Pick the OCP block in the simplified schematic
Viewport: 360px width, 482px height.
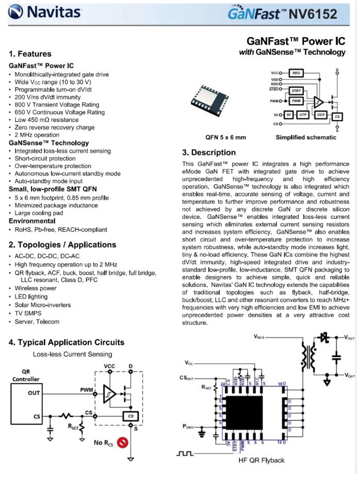[321, 114]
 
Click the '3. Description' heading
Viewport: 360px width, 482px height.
[209, 153]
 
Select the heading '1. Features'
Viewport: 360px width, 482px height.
[30, 54]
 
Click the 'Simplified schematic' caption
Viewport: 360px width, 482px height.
[305, 138]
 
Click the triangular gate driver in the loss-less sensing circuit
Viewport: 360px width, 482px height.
[109, 393]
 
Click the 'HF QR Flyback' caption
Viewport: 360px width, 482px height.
[261, 460]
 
